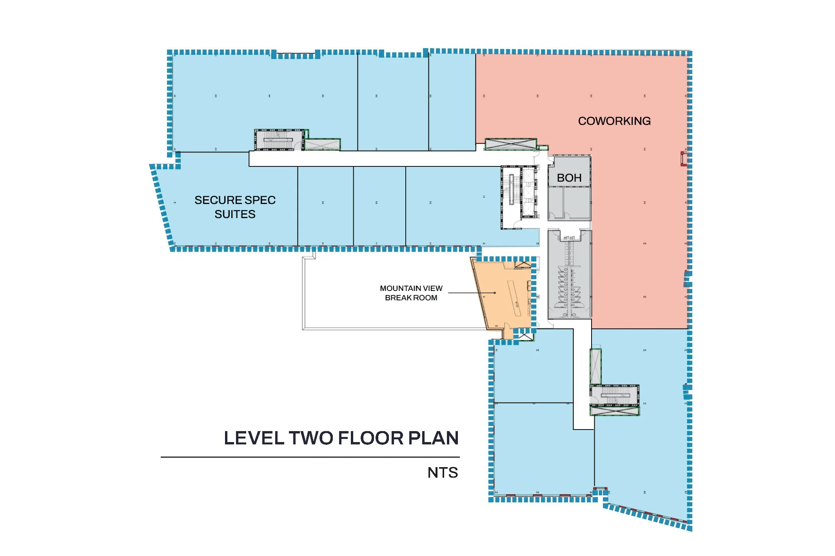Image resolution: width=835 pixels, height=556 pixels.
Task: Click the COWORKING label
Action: [x=614, y=121]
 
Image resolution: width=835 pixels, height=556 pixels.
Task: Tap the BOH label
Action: [x=569, y=178]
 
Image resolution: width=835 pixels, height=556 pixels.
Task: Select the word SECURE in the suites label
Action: [x=215, y=200]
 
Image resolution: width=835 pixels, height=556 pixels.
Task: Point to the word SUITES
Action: [x=235, y=214]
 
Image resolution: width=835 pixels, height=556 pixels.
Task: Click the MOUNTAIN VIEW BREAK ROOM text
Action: [x=411, y=293]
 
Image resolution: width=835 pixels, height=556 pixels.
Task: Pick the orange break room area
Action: [x=504, y=298]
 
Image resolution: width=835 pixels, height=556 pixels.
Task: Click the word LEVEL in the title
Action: [x=254, y=438]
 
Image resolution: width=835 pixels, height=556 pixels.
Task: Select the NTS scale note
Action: [x=443, y=473]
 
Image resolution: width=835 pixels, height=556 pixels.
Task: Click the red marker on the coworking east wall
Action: [x=683, y=159]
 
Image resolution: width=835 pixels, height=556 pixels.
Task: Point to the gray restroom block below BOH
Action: [x=570, y=274]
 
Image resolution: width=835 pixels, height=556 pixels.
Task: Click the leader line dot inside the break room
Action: [x=495, y=293]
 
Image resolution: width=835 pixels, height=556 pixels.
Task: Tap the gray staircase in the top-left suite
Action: [x=279, y=140]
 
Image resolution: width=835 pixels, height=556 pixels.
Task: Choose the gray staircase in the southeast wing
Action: [x=615, y=395]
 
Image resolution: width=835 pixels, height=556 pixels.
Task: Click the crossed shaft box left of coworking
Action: [x=511, y=144]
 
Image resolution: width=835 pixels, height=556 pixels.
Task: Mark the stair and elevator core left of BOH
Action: [x=519, y=197]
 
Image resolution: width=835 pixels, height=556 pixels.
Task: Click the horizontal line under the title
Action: [x=310, y=457]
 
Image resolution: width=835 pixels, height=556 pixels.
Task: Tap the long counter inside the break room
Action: [x=514, y=298]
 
